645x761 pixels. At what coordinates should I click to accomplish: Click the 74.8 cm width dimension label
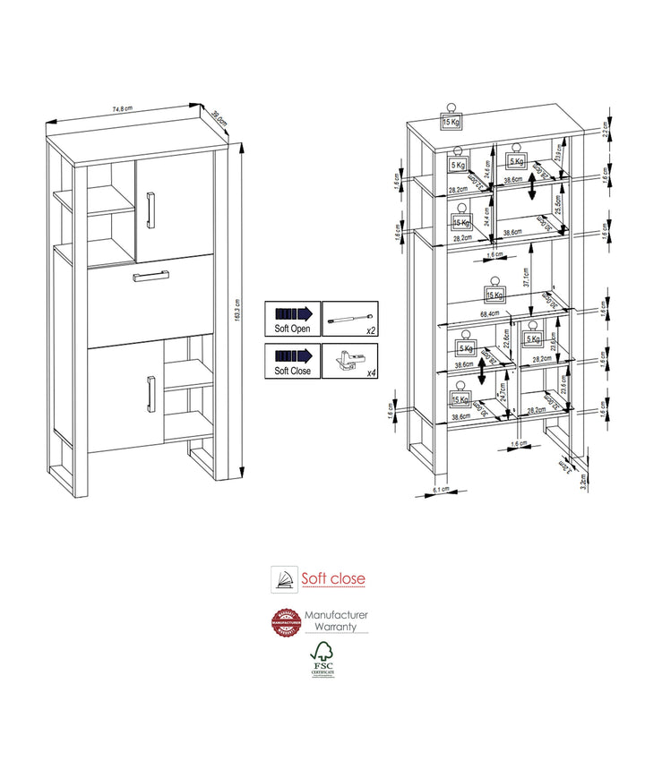tap(123, 109)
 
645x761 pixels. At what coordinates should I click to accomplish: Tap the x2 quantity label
tap(371, 330)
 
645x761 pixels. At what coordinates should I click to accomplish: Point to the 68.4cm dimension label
tap(488, 314)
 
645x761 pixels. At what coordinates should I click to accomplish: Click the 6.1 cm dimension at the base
tap(440, 490)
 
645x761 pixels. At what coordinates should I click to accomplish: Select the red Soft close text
tap(332, 578)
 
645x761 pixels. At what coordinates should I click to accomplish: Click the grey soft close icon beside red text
tap(285, 578)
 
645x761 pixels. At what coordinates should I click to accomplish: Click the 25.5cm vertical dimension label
tap(559, 210)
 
